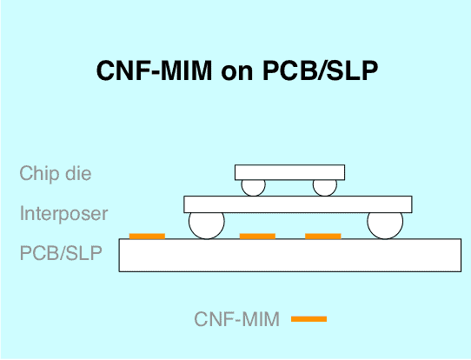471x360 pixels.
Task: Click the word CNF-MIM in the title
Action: tap(155, 70)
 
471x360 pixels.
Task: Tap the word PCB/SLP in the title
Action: tap(320, 70)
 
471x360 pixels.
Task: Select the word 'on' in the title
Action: tap(237, 73)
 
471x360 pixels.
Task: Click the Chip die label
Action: tap(56, 173)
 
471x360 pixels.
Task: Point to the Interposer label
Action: tap(63, 213)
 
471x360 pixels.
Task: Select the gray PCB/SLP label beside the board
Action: tap(61, 253)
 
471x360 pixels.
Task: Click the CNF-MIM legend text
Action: tap(237, 319)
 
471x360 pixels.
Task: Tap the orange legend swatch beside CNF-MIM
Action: tap(308, 319)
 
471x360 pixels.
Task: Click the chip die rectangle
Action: tap(289, 172)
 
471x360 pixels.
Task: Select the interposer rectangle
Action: tap(298, 204)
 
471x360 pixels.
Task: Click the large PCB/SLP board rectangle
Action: tap(290, 255)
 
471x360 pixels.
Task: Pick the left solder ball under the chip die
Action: tap(254, 188)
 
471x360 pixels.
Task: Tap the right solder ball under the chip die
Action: tap(325, 188)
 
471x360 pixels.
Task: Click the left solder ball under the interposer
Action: tap(207, 225)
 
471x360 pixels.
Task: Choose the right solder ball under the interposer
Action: tap(385, 225)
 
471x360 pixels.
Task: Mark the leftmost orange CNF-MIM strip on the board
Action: tap(147, 237)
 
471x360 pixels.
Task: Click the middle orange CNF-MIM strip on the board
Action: tap(257, 237)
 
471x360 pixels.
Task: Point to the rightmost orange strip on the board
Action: tap(323, 237)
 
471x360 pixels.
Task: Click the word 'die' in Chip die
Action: tap(78, 173)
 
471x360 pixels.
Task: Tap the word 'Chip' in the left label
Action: tap(39, 174)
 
